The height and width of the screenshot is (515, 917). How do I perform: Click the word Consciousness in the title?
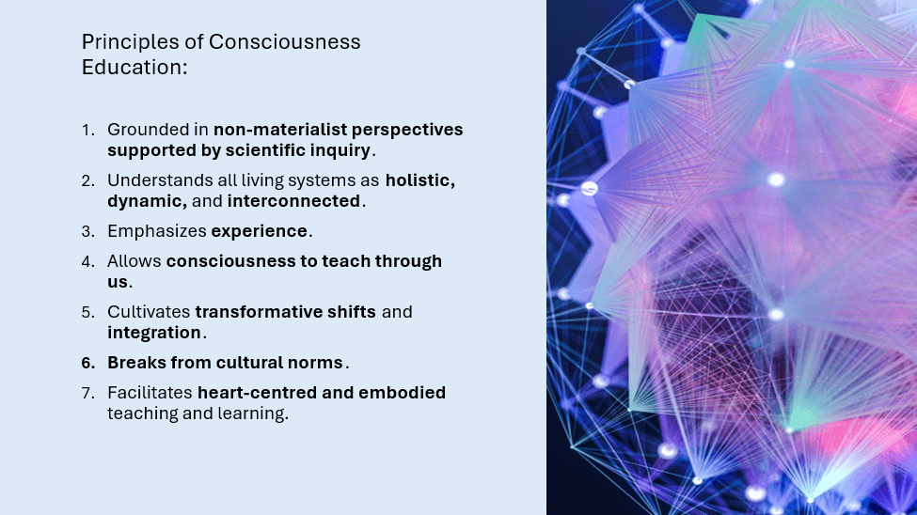284,42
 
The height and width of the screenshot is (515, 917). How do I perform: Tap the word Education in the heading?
131,68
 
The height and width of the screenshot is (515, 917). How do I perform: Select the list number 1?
87,130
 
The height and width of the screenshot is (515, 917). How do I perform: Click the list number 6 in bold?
87,363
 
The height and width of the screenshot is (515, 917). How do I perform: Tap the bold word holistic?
419,180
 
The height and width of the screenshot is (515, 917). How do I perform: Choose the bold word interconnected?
293,201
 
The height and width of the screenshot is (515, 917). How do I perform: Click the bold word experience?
259,231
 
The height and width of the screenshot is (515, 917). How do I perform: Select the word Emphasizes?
157,231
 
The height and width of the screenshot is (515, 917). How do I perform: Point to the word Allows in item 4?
134,261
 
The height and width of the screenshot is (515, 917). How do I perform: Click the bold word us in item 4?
117,282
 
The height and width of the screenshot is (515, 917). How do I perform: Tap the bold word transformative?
259,312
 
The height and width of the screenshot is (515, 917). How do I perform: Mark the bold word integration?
154,334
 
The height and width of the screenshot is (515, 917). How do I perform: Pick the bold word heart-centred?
257,393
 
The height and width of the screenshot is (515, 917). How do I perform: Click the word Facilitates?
150,393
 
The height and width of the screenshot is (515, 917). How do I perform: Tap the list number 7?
87,393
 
